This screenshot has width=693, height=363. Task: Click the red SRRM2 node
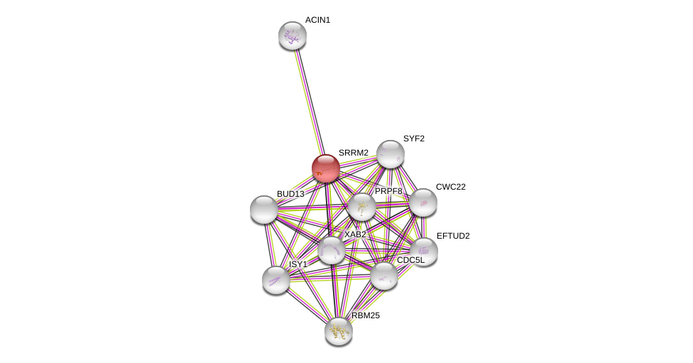click(326, 168)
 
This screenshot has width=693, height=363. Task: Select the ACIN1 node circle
click(292, 36)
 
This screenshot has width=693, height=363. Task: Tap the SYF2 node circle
click(391, 154)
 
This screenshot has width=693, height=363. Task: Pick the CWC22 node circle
click(423, 202)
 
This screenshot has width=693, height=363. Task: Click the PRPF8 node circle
click(361, 207)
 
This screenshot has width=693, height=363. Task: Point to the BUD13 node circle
click(264, 210)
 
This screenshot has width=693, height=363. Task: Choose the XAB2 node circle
click(331, 250)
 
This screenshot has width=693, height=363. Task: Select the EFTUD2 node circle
click(424, 251)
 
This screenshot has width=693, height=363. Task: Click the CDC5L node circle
click(384, 276)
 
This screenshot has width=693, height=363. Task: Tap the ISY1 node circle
click(276, 279)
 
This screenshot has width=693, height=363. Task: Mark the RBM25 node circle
click(339, 330)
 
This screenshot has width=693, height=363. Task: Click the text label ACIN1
click(317, 20)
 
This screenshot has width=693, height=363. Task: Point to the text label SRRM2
click(353, 153)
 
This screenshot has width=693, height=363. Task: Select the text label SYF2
click(413, 139)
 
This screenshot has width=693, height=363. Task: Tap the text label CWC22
click(450, 187)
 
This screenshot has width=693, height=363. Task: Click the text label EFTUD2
click(452, 236)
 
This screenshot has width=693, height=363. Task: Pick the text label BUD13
click(290, 194)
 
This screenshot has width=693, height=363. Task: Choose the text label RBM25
click(366, 315)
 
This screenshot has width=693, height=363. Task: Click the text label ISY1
click(298, 264)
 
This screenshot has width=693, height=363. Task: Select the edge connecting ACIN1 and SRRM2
click(308, 99)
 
